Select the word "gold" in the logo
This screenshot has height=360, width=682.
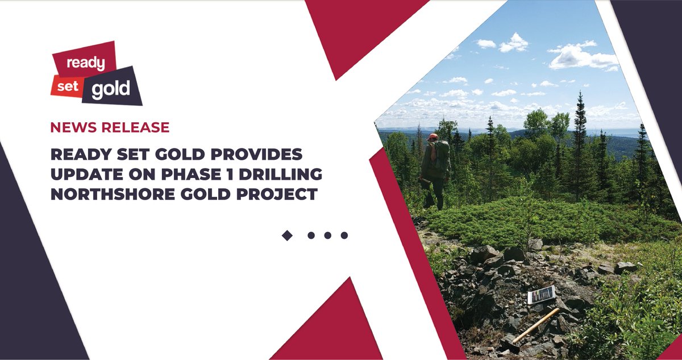pyautogui.click(x=111, y=88)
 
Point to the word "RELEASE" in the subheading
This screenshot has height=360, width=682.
pyautogui.click(x=135, y=127)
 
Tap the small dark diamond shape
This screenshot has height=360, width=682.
pyautogui.click(x=287, y=235)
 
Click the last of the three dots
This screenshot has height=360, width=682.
pyautogui.click(x=344, y=235)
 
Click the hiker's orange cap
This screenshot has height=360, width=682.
pyautogui.click(x=433, y=136)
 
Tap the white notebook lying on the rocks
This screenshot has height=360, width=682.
pyautogui.click(x=540, y=295)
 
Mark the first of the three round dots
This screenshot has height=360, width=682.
pyautogui.click(x=311, y=235)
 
